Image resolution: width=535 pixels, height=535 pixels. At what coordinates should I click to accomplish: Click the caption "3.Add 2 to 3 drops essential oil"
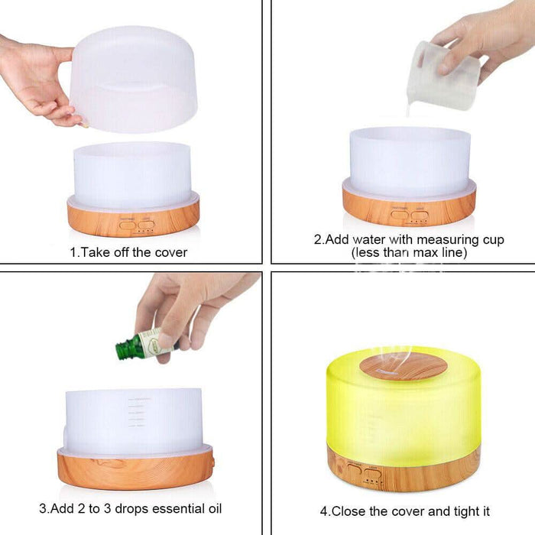(x=131, y=507)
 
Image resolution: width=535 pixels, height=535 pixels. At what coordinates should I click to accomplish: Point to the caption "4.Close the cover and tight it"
(x=405, y=511)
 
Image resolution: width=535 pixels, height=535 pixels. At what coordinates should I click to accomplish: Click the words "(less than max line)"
(x=409, y=251)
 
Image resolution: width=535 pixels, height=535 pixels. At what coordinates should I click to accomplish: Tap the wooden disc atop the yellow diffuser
(x=403, y=366)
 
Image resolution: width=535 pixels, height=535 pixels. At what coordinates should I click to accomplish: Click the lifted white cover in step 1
(x=135, y=80)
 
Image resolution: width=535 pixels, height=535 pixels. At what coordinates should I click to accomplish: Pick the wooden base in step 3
(x=135, y=467)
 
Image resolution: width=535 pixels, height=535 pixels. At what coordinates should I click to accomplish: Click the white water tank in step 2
(x=410, y=160)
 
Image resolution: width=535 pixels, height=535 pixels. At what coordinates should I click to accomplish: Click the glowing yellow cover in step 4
(x=404, y=409)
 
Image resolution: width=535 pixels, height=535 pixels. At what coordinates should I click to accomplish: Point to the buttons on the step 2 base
(x=408, y=216)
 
